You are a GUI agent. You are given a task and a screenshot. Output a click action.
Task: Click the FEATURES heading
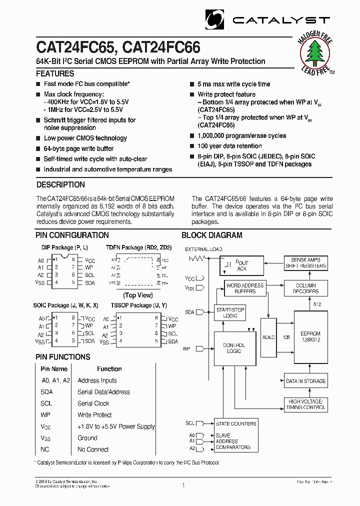tap(55, 73)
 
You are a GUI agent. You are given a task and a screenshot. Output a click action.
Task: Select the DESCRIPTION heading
tap(60, 184)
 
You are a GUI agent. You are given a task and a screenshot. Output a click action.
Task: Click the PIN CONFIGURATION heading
tap(72, 235)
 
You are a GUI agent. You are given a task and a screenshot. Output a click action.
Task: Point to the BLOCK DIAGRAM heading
tap(212, 235)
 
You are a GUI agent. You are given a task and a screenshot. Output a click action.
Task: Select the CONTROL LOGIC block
tap(233, 348)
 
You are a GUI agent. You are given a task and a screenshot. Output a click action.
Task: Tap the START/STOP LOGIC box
tap(230, 313)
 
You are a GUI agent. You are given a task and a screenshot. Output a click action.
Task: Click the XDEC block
tap(268, 337)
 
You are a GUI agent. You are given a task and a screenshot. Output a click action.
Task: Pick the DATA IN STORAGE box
tap(305, 381)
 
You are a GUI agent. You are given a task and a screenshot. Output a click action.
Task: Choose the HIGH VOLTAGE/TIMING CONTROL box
tap(305, 404)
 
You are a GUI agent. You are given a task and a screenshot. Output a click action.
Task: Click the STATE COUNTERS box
tap(236, 423)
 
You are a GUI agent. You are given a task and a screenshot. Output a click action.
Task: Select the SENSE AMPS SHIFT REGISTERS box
tap(305, 263)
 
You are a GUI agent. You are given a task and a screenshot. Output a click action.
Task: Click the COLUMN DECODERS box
tap(305, 288)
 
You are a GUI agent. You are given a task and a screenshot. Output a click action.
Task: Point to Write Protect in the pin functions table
tap(94, 415)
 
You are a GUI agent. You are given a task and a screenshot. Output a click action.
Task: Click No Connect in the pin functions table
tap(93, 449)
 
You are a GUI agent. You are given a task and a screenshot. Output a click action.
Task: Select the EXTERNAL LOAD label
tap(203, 249)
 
